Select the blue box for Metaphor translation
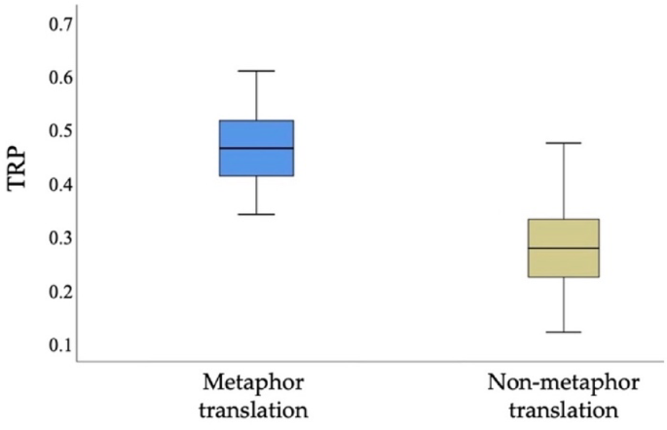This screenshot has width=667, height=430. tap(257, 134)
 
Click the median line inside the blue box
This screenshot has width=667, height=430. tap(257, 149)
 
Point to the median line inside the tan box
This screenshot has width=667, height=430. tap(563, 248)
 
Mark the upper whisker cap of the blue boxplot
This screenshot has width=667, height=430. tap(257, 71)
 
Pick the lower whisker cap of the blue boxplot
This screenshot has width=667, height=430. tap(257, 214)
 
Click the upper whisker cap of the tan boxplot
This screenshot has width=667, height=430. tap(563, 143)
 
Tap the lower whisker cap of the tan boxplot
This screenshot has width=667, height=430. tap(563, 333)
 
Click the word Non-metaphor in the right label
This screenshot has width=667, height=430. tap(551, 381)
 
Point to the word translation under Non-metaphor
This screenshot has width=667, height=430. tap(551, 410)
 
